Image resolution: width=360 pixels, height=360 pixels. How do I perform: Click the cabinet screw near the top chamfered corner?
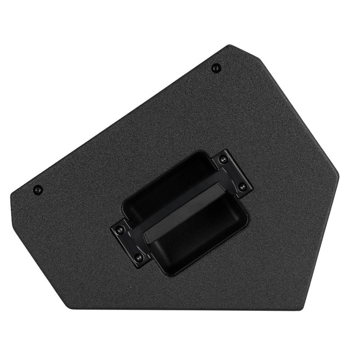tap(216, 67)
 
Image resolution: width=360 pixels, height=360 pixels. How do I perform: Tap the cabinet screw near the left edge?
tap(38, 189)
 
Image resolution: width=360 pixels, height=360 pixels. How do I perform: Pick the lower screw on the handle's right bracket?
tap(243, 187)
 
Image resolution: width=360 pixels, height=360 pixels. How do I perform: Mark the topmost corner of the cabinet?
tap(230, 45)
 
